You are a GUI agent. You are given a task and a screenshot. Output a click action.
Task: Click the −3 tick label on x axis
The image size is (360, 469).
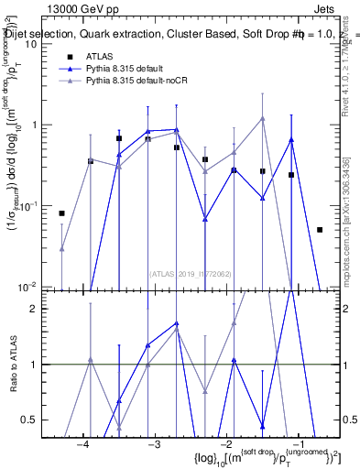click(155, 444)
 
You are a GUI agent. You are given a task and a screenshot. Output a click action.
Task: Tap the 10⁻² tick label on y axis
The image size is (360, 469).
click(27, 286)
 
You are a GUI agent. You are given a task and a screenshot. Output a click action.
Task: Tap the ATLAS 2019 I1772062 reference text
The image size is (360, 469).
click(191, 273)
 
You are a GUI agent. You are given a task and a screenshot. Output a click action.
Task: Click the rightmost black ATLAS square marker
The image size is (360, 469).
click(320, 230)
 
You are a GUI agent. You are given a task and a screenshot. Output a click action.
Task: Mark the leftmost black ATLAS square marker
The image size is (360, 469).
click(61, 213)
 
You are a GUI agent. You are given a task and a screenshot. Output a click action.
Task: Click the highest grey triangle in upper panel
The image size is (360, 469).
click(262, 118)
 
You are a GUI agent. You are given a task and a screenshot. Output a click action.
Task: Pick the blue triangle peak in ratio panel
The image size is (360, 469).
click(177, 323)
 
